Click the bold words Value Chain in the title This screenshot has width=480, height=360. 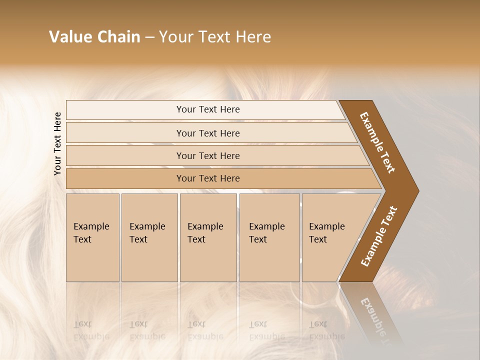coord(94,37)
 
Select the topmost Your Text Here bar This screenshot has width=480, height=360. coord(207,109)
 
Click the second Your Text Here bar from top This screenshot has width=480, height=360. coord(207,133)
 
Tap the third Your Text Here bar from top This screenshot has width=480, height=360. coord(207,155)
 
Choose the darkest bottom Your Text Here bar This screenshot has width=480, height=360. coord(207,178)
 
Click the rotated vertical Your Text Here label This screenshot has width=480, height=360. coord(58,143)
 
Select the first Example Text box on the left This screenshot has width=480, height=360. coord(92,237)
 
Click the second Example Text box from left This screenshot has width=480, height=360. coord(149,237)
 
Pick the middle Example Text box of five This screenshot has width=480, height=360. coord(208,237)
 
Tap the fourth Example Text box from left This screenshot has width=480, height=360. coord(269,237)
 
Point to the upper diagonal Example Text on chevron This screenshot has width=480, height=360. coord(378,142)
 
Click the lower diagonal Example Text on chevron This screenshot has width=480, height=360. coord(379,236)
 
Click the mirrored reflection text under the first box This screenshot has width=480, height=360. coord(91,330)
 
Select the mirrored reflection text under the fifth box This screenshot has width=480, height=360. coord(326,330)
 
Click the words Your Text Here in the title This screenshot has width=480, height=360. coord(215,37)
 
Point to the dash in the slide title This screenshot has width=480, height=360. coord(149,37)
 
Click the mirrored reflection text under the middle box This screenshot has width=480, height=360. coord(205,330)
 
